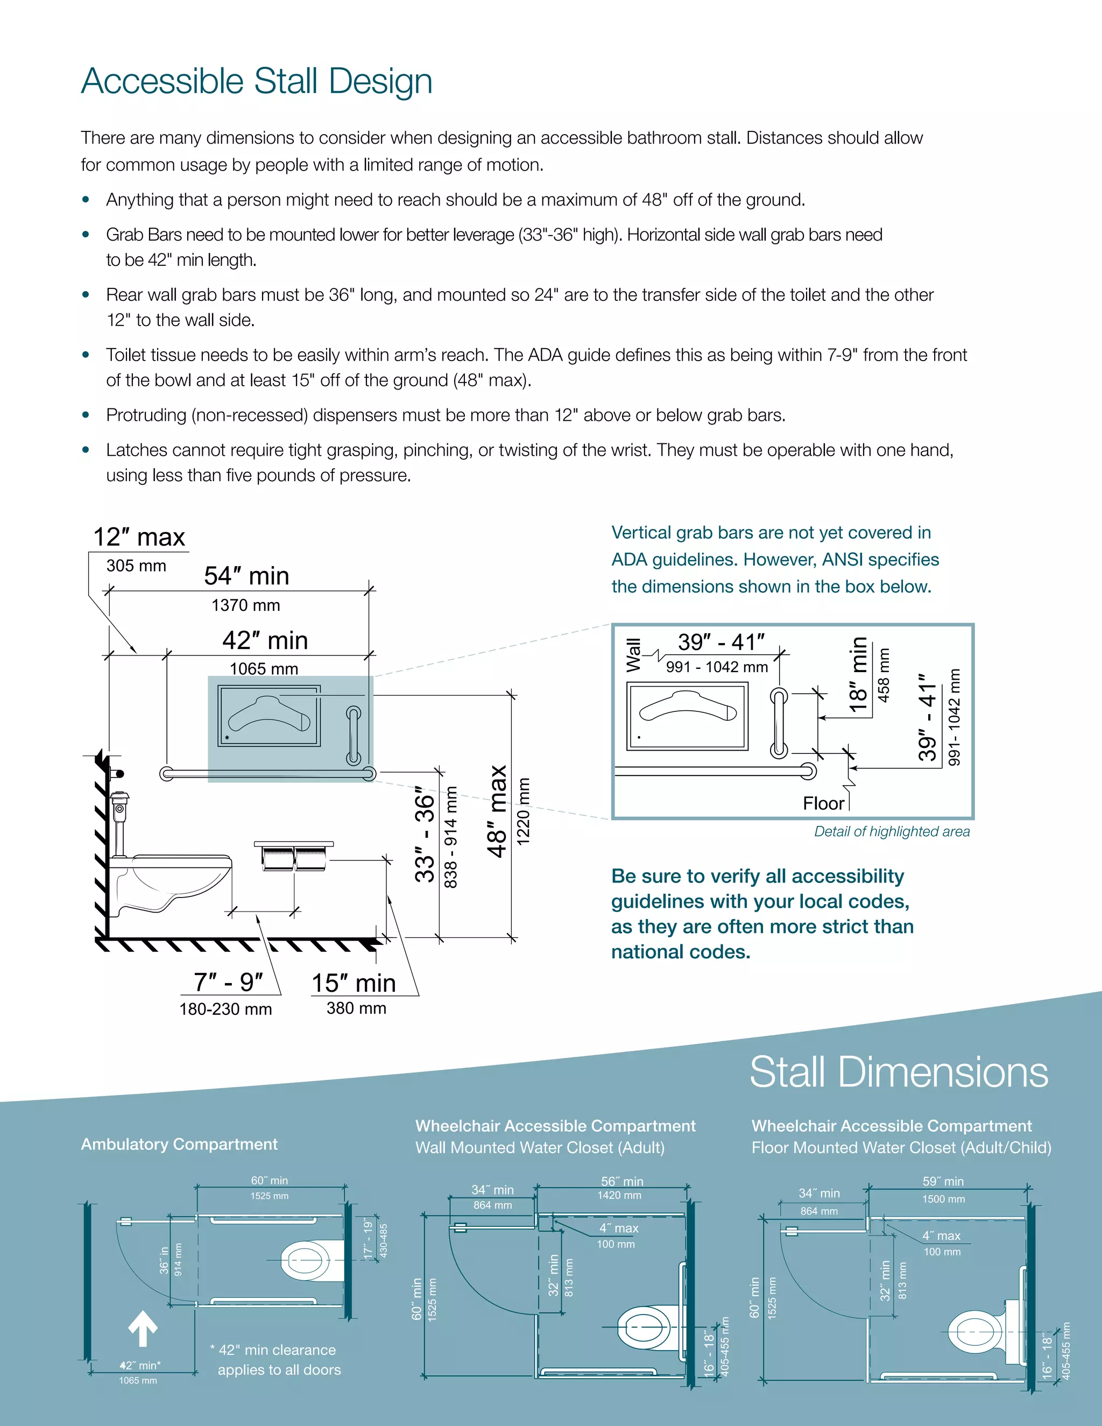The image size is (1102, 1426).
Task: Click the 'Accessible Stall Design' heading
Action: (257, 82)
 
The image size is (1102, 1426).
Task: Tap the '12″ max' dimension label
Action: (139, 538)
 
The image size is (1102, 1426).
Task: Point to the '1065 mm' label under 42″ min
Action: (264, 668)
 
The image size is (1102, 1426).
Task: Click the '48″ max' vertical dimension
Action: (498, 811)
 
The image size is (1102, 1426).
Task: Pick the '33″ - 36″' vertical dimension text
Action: (425, 838)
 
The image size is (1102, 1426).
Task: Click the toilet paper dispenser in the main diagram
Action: (294, 856)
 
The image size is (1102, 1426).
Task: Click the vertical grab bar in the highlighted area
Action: (353, 735)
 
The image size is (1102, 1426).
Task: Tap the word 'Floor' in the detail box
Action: (823, 803)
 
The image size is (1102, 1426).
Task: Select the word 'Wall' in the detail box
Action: (633, 655)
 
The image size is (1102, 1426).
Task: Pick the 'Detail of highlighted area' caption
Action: (891, 831)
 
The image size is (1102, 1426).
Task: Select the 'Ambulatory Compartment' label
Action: (179, 1144)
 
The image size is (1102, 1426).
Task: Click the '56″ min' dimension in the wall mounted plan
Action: (621, 1181)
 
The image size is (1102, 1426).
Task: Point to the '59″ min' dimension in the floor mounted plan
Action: (943, 1181)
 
